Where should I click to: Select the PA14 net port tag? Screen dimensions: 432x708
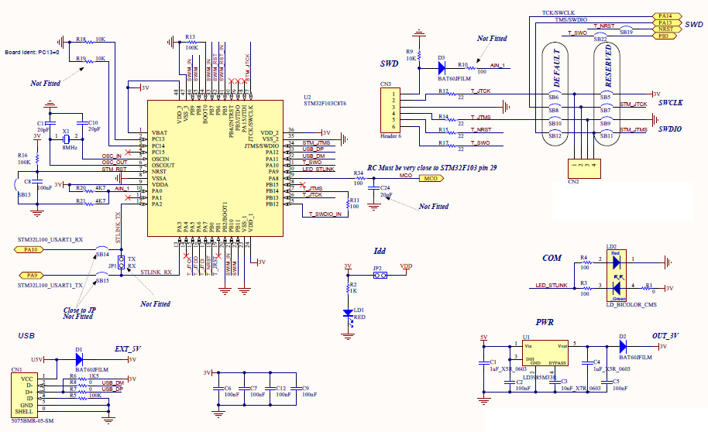[666, 15]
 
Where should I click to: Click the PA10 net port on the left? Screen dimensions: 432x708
[30, 249]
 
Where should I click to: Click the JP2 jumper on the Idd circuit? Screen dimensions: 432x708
[378, 276]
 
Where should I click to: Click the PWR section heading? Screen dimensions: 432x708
[546, 321]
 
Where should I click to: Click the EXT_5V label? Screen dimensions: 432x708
[128, 349]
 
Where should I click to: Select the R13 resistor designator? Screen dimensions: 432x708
[190, 36]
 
